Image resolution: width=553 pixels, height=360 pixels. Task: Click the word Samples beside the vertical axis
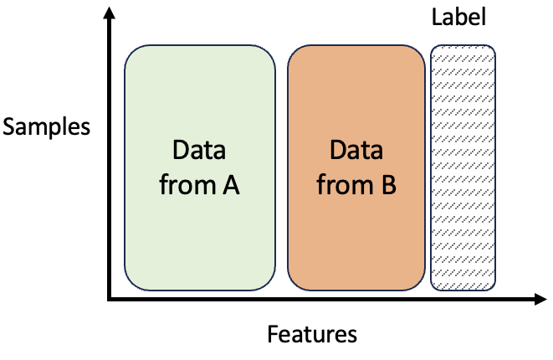(45, 127)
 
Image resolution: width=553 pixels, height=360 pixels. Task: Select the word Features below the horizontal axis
(312, 335)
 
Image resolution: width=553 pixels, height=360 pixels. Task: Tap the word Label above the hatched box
(458, 17)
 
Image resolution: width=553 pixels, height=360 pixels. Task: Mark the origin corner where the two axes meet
(109, 298)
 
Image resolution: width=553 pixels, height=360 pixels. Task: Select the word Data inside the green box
(198, 151)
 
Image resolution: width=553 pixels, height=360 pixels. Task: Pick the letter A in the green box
(230, 185)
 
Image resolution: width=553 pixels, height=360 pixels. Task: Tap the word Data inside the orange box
(356, 151)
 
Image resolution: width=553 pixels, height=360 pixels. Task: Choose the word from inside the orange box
(341, 185)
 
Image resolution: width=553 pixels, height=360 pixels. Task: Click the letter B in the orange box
(387, 185)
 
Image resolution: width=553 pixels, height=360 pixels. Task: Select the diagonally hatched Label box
(463, 167)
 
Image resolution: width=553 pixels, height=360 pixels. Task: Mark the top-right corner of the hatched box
(493, 49)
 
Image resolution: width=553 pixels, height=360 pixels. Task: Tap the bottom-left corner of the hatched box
(433, 287)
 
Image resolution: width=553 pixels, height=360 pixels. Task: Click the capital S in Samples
(10, 127)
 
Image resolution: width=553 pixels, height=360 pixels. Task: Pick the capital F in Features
(273, 335)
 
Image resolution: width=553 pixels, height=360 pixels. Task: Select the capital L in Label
(437, 17)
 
